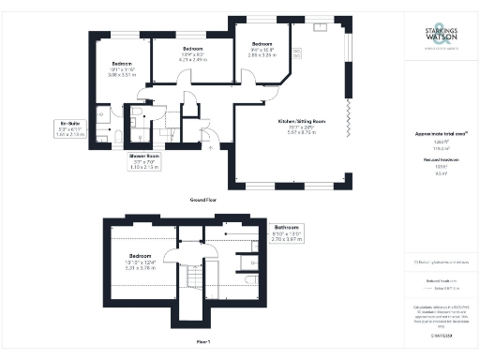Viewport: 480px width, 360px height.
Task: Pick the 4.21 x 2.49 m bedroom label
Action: (x=193, y=55)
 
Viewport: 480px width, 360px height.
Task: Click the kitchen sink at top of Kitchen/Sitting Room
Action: (x=322, y=27)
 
